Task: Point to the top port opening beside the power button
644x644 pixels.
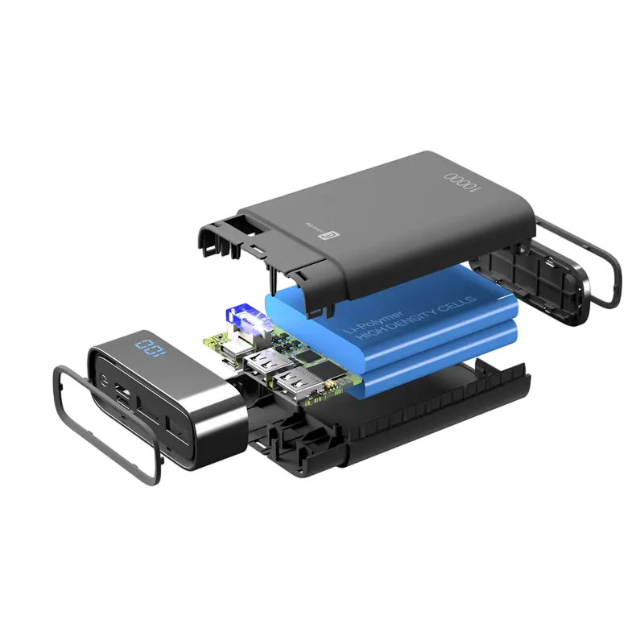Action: pos(124,393)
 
